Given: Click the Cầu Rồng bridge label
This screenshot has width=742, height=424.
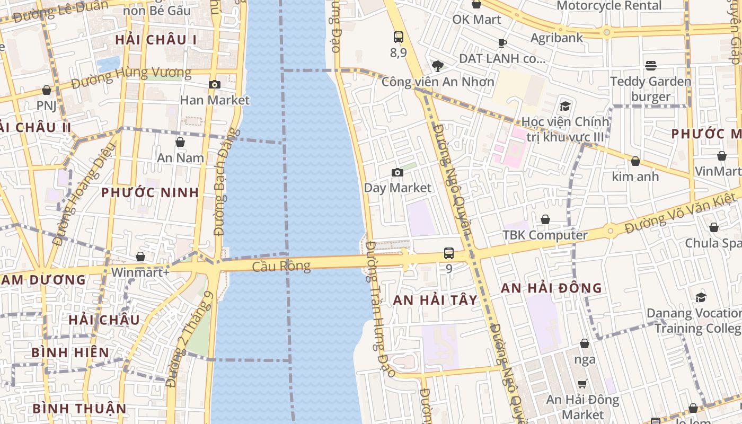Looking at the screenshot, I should [281, 266].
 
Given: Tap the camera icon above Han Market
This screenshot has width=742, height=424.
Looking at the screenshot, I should [215, 84].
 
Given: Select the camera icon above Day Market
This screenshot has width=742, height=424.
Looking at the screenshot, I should [396, 172].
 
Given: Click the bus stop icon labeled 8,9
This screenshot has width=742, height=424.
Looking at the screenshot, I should [399, 37].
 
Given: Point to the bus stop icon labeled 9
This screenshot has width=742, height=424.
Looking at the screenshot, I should [449, 253].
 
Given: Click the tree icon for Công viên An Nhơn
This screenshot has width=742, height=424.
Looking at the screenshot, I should [437, 66].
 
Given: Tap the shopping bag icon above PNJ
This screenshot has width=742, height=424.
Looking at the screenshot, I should [47, 90].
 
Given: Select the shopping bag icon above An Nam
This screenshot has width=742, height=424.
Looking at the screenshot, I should [180, 142].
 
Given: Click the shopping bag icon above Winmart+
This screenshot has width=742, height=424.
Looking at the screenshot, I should [140, 257].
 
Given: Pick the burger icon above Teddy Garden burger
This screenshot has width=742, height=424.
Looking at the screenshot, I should [651, 65].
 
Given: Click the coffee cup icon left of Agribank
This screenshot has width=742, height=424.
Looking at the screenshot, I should [502, 42].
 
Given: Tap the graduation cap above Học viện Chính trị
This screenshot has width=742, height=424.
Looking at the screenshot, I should [565, 106].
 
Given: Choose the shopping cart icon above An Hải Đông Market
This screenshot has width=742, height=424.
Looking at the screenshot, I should [582, 384].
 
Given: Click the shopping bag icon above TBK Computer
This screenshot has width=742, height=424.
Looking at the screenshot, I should [545, 219].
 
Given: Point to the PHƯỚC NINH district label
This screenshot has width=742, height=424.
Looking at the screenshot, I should [150, 192].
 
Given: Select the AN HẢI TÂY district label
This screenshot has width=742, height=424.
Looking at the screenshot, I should [435, 300].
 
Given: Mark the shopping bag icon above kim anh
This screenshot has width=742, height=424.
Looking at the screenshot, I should [635, 161].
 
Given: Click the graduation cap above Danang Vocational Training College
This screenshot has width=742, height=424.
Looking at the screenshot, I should [701, 297].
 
